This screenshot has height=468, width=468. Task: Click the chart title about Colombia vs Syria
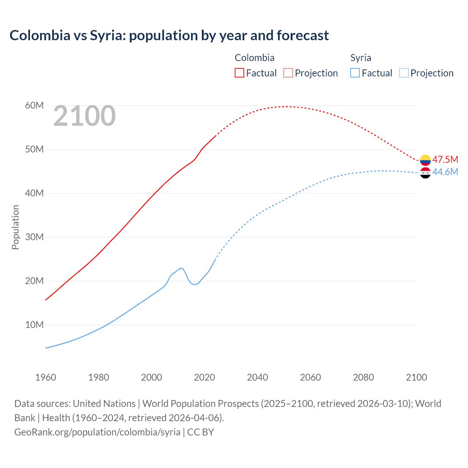coord(169,35)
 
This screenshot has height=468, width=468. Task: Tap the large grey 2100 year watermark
coord(84,116)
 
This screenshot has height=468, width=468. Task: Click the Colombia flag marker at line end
coord(425,160)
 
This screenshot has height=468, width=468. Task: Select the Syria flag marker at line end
coord(425,173)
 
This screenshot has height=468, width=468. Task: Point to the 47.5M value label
coord(445,159)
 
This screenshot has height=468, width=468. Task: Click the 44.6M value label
coord(445,172)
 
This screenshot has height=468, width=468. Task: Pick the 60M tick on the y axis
coord(34,106)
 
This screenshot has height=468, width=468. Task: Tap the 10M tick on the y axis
coord(34,325)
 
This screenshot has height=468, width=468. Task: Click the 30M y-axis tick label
coord(34,237)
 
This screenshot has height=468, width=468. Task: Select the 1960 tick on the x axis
coord(46,377)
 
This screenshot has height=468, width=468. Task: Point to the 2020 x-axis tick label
coord(204,377)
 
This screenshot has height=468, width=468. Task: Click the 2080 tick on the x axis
coord(363,377)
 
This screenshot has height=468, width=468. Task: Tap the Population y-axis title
coord(15,227)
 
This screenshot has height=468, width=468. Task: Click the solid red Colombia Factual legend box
coord(239,73)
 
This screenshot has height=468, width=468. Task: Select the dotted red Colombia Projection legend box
coord(288,73)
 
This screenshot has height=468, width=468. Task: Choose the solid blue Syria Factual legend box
coord(355,73)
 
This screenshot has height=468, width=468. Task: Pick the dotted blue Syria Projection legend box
coord(404,73)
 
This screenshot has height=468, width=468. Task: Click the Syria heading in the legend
coord(361,58)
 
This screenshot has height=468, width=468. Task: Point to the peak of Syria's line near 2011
coord(181,268)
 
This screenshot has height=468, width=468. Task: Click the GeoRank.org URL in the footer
coord(97,432)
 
